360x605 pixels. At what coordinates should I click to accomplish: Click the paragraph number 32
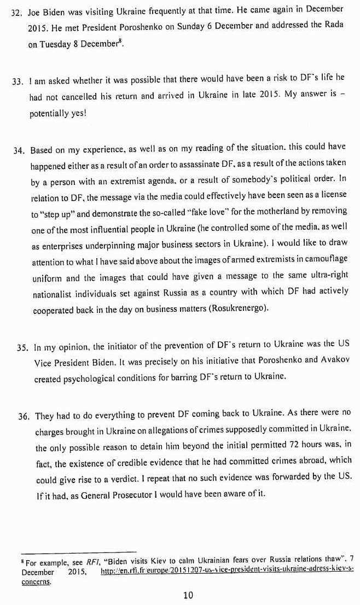pyautogui.click(x=16, y=10)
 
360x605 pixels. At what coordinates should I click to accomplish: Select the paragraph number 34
pyautogui.click(x=20, y=150)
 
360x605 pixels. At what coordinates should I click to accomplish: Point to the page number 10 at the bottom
pyautogui.click(x=188, y=596)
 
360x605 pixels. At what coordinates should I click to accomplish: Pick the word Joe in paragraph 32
pyautogui.click(x=36, y=10)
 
